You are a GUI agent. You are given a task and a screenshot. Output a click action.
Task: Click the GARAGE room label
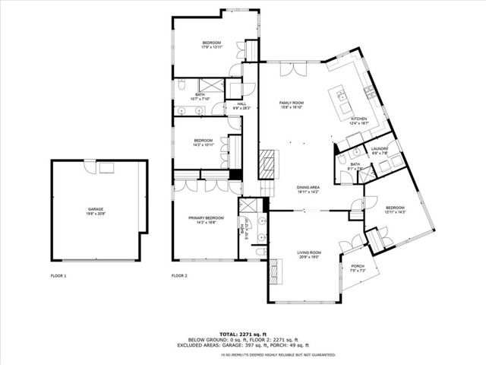tap(95, 208)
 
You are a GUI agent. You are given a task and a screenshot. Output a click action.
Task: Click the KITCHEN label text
tap(358, 119)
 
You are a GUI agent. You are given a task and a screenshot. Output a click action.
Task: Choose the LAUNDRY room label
tap(379, 149)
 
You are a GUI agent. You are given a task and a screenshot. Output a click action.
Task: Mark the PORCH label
tap(358, 266)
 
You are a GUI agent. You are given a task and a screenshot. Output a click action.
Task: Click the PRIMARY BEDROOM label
tap(206, 217)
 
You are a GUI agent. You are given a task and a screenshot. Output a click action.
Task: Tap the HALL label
tap(241, 104)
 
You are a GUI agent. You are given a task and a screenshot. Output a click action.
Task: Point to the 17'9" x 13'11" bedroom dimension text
tap(211, 47)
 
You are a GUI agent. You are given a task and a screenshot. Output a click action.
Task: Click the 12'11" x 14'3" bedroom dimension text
tap(396, 212)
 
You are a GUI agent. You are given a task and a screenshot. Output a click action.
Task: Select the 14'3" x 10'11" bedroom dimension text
tap(203, 144)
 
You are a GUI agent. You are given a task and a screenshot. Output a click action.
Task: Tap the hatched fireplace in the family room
tap(267, 162)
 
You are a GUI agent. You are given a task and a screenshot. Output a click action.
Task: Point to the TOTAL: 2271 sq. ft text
tap(243, 334)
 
